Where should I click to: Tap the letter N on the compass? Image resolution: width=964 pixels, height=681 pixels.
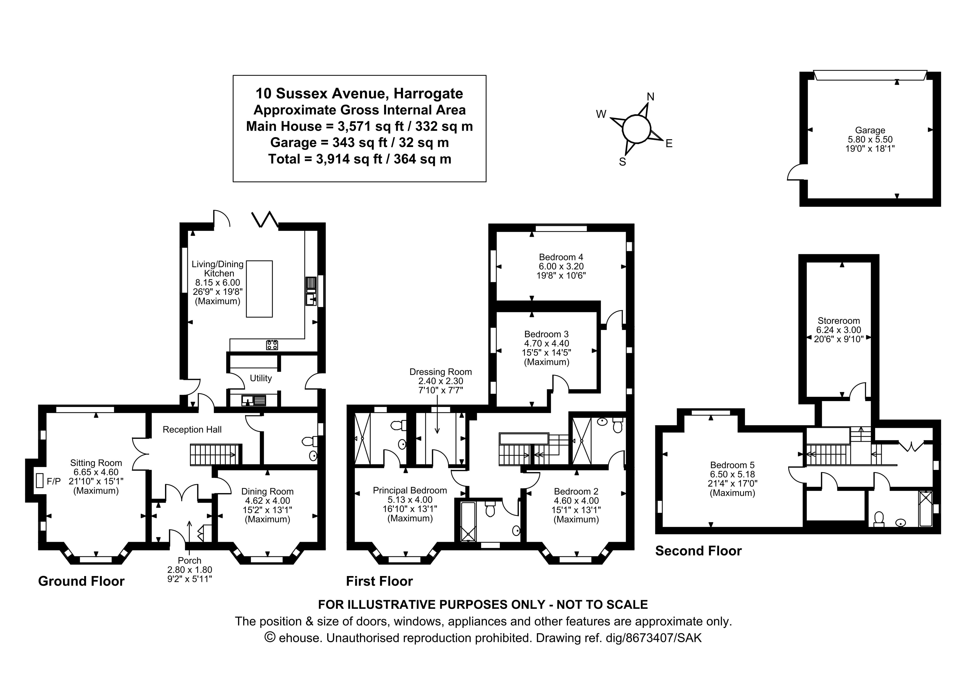(x=650, y=97)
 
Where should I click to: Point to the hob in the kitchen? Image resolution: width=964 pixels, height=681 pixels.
(x=272, y=345)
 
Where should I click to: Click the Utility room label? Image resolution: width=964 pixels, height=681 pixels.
(x=261, y=378)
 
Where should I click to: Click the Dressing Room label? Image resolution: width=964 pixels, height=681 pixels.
(x=440, y=372)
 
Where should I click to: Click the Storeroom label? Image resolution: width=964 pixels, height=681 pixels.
(x=838, y=321)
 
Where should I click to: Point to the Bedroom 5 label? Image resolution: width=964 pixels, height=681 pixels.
(x=732, y=465)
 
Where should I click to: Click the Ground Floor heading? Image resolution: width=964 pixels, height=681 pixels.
(x=81, y=581)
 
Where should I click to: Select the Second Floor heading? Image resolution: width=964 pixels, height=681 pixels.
(x=698, y=551)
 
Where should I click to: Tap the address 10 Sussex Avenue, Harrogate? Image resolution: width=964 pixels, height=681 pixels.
(x=359, y=93)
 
